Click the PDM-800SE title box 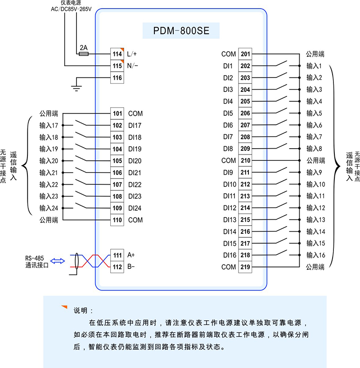[180, 32]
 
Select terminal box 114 [117, 54]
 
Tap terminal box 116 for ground [117, 77]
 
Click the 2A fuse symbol [83, 54]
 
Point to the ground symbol [76, 87]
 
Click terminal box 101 [117, 114]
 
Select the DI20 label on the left [135, 161]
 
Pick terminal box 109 [117, 208]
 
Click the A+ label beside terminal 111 [131, 255]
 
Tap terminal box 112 [117, 267]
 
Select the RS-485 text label [34, 258]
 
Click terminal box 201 [245, 54]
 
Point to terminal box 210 [245, 160]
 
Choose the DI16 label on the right [229, 255]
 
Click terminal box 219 [245, 267]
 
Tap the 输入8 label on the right [314, 149]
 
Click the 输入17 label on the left [49, 125]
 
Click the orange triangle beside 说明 [64, 308]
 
